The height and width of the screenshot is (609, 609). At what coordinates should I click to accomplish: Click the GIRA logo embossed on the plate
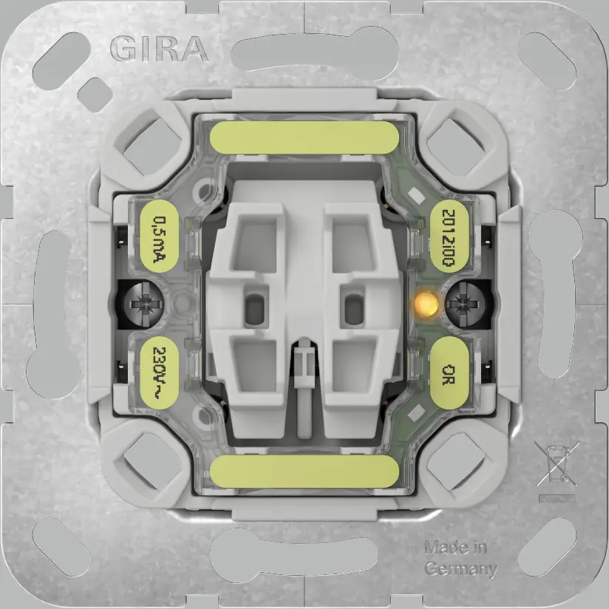[159, 49]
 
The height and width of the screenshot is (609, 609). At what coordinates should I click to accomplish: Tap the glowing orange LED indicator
[424, 302]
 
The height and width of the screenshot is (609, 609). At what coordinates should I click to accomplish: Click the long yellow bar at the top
[304, 137]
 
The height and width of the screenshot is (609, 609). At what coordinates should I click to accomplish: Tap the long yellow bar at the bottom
[304, 470]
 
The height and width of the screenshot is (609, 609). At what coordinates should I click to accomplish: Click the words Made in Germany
[459, 558]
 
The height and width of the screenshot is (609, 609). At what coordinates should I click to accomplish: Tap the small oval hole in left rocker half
[256, 304]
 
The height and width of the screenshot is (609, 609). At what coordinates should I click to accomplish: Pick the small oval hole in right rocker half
[353, 304]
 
